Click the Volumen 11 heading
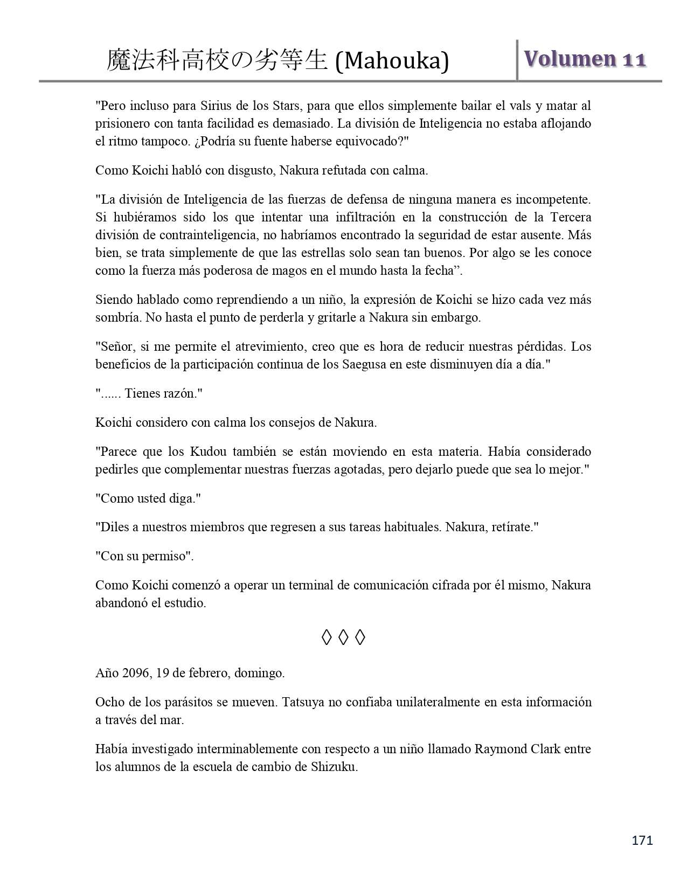tap(585, 59)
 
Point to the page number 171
tap(642, 840)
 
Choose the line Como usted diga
tap(148, 498)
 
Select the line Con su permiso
tap(144, 556)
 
